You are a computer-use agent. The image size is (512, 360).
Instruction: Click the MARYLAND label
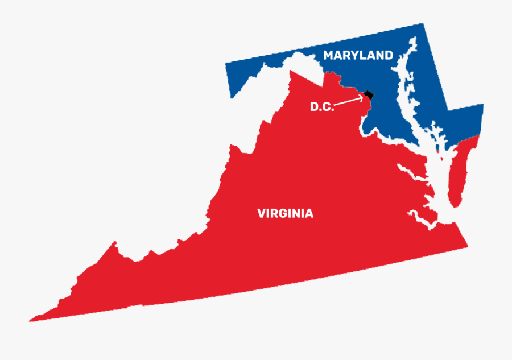tap(358, 55)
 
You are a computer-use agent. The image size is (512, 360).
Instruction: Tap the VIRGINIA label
tap(285, 214)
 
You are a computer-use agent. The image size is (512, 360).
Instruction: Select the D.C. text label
tap(322, 106)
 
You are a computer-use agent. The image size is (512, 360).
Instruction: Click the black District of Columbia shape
tap(370, 95)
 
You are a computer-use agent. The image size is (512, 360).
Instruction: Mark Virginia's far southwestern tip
tap(32, 319)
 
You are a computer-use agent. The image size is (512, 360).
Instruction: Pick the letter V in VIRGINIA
tap(262, 214)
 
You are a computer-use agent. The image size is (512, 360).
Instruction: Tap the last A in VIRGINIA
tap(309, 214)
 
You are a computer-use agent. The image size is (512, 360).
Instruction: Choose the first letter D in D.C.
tap(315, 106)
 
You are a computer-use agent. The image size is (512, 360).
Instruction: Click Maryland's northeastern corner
tap(423, 26)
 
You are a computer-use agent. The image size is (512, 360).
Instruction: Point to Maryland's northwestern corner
tap(227, 63)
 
